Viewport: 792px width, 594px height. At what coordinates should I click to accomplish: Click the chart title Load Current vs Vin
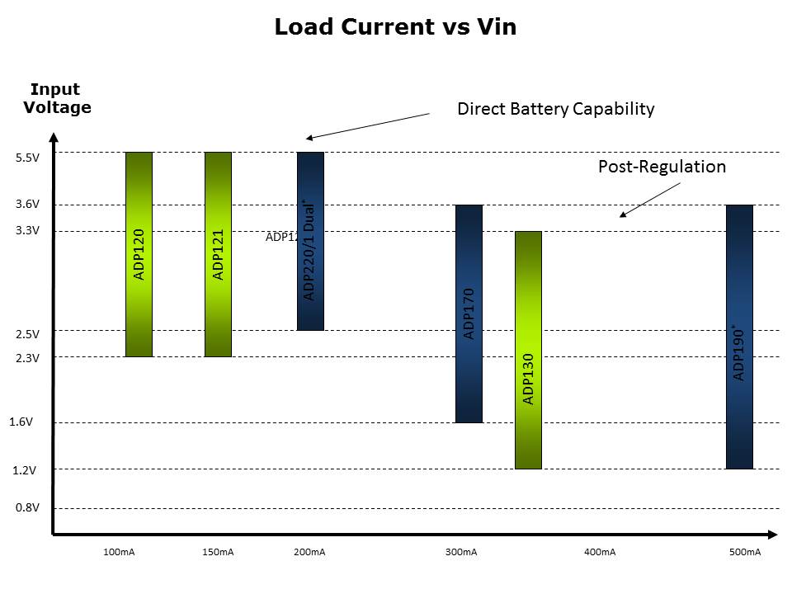tap(395, 27)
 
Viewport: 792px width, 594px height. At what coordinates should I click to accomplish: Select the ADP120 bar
tap(139, 254)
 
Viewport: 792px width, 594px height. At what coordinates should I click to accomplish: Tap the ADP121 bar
tap(218, 254)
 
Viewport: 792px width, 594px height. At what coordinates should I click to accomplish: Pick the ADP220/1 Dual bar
tap(310, 241)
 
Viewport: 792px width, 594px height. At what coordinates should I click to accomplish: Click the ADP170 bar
tap(469, 313)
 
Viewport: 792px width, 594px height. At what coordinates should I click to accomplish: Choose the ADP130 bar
tap(528, 350)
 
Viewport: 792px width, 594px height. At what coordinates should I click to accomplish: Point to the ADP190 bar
tap(739, 337)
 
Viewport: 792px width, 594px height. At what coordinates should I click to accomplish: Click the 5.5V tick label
tap(28, 158)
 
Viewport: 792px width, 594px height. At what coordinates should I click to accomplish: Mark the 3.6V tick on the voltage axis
tap(28, 205)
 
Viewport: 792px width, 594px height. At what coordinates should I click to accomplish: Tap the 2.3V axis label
tap(28, 358)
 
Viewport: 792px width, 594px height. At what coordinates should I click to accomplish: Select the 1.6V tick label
tap(21, 422)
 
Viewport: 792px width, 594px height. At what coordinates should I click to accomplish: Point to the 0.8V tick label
tap(28, 508)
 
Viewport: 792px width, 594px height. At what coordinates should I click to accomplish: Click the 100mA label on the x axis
tap(120, 552)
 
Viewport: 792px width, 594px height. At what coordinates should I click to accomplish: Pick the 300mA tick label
tap(461, 552)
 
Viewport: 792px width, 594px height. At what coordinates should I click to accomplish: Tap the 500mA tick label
tap(745, 552)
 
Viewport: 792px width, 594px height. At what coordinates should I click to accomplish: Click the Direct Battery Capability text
tap(555, 109)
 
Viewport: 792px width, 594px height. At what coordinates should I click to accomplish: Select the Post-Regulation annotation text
tap(662, 167)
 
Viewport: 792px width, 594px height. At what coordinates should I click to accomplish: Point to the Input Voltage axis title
tap(56, 98)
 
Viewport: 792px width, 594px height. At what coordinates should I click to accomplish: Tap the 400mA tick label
tap(600, 552)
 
